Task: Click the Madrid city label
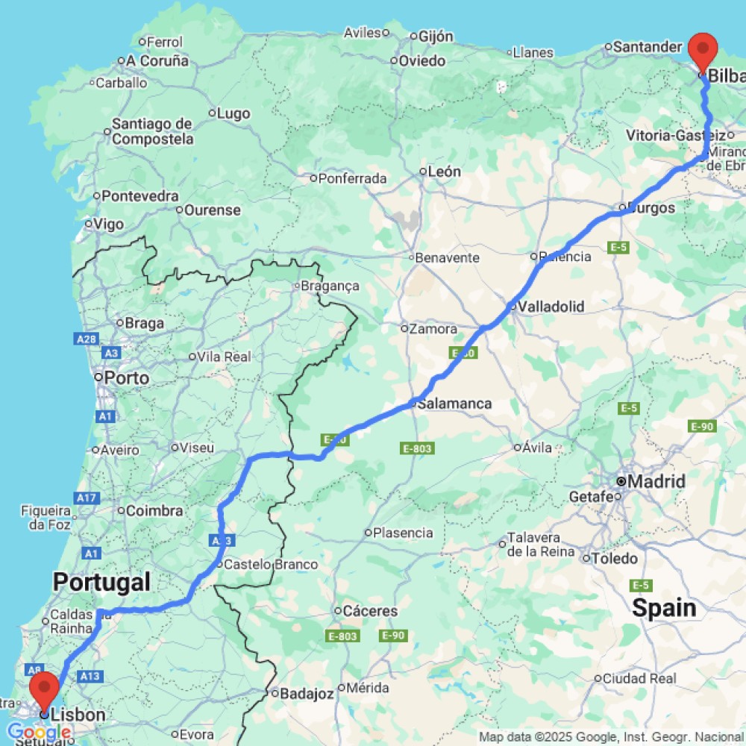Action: [x=656, y=482]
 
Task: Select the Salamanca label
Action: [x=454, y=404]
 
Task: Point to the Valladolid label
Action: [x=551, y=307]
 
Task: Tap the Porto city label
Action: [x=127, y=377]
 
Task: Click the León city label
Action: [x=444, y=172]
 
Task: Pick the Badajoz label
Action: [x=307, y=694]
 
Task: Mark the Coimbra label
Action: [x=154, y=511]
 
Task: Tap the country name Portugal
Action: [x=101, y=581]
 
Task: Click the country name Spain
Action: [x=664, y=608]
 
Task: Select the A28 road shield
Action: [x=87, y=339]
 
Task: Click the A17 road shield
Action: [x=87, y=497]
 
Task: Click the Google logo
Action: [x=38, y=733]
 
